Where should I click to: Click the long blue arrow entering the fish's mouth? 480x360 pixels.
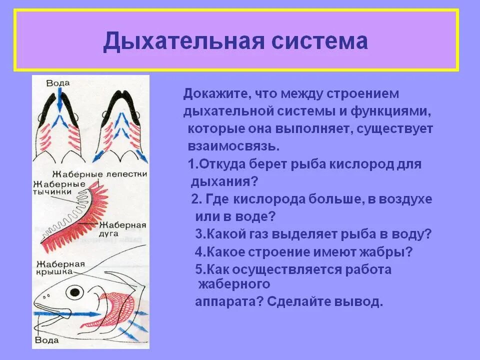pos(75,314)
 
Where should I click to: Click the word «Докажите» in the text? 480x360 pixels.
pos(216,93)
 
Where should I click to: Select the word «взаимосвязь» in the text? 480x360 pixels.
pos(231,146)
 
